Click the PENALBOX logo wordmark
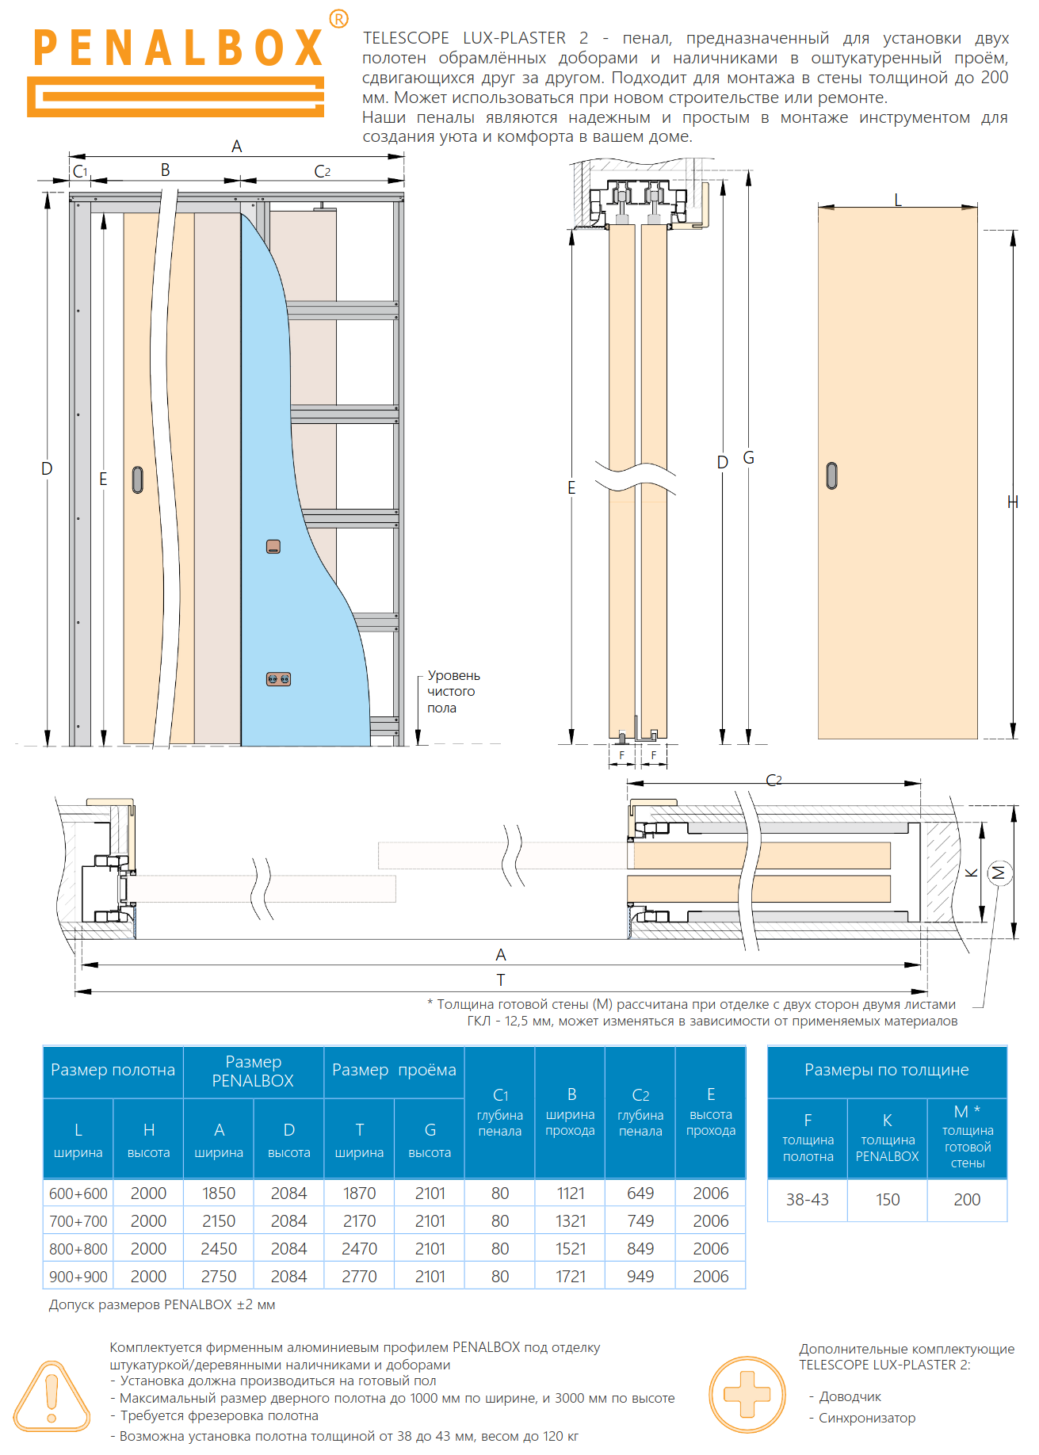(178, 48)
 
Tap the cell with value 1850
(219, 1193)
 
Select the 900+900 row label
(78, 1277)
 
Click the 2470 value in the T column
(359, 1249)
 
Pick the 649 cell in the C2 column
(640, 1193)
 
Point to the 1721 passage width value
(571, 1277)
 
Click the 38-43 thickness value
(807, 1200)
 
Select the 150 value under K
(888, 1200)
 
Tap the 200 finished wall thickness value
(967, 1200)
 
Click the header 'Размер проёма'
(394, 1071)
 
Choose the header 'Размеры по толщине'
(886, 1071)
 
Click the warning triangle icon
(52, 1396)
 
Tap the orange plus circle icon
(747, 1394)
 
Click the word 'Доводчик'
(850, 1397)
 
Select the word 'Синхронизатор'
(867, 1419)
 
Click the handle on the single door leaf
(831, 475)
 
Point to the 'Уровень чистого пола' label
(453, 692)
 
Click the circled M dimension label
(999, 873)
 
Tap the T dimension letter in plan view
(501, 980)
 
